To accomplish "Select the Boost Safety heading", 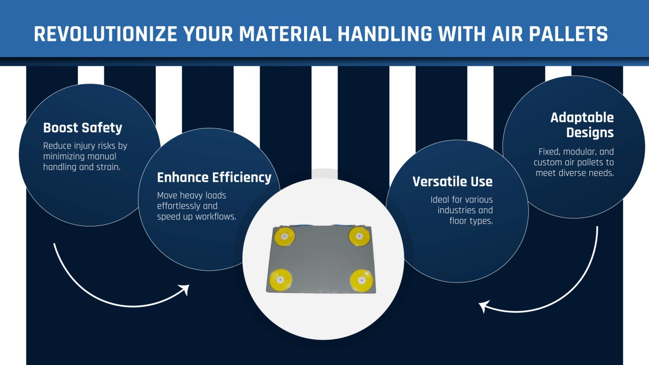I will pos(83,128).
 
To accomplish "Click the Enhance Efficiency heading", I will pos(214,177).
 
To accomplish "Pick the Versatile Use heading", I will pos(452,182).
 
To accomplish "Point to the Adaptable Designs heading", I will pos(582,125).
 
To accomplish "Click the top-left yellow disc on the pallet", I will pos(285,236).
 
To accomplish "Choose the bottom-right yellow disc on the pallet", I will pos(362,280).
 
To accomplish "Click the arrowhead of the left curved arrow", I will pos(185,289).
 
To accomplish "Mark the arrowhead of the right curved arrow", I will pos(484,307).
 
